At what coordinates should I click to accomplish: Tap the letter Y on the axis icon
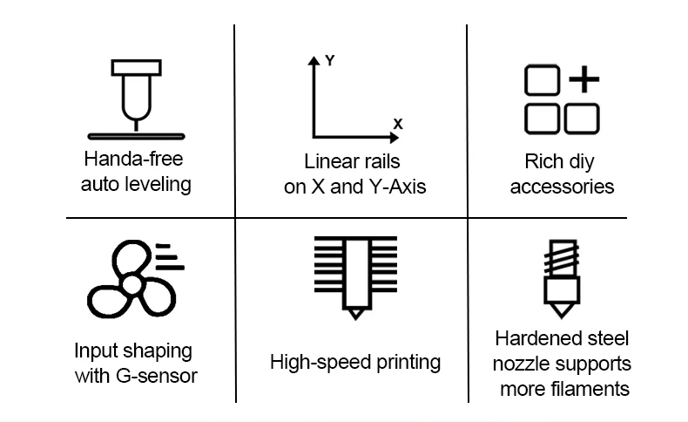(x=330, y=60)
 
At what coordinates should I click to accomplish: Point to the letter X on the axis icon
(x=398, y=124)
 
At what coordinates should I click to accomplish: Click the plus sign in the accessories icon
(x=583, y=80)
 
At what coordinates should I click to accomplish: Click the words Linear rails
(x=352, y=161)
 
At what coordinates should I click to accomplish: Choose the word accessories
(x=562, y=187)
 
